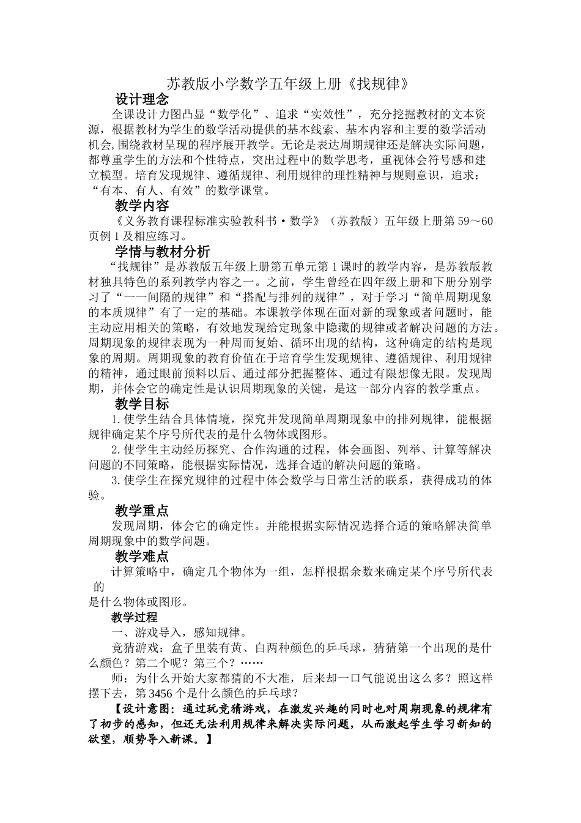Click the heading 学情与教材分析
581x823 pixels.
click(162, 251)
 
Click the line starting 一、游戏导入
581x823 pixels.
click(178, 632)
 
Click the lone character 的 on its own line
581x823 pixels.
click(100, 587)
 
